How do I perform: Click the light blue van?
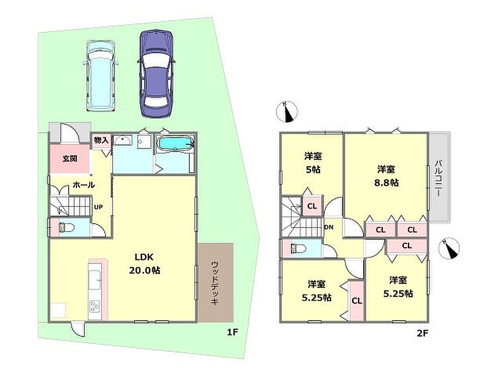click(x=100, y=76)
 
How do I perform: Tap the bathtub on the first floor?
click(x=176, y=143)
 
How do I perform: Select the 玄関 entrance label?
click(x=70, y=158)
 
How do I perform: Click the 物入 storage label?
click(x=101, y=140)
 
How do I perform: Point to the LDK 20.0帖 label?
click(x=145, y=263)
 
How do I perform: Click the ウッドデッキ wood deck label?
click(x=215, y=283)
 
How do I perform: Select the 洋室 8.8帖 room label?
click(x=386, y=176)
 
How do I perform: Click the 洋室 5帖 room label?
click(x=313, y=163)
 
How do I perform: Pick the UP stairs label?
click(x=98, y=207)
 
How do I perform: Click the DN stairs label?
click(x=329, y=227)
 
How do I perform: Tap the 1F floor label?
click(x=232, y=332)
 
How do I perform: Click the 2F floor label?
click(x=422, y=333)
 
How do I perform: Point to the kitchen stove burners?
click(x=95, y=306)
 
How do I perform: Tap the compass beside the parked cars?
click(x=287, y=112)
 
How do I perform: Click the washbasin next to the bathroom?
click(x=123, y=141)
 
